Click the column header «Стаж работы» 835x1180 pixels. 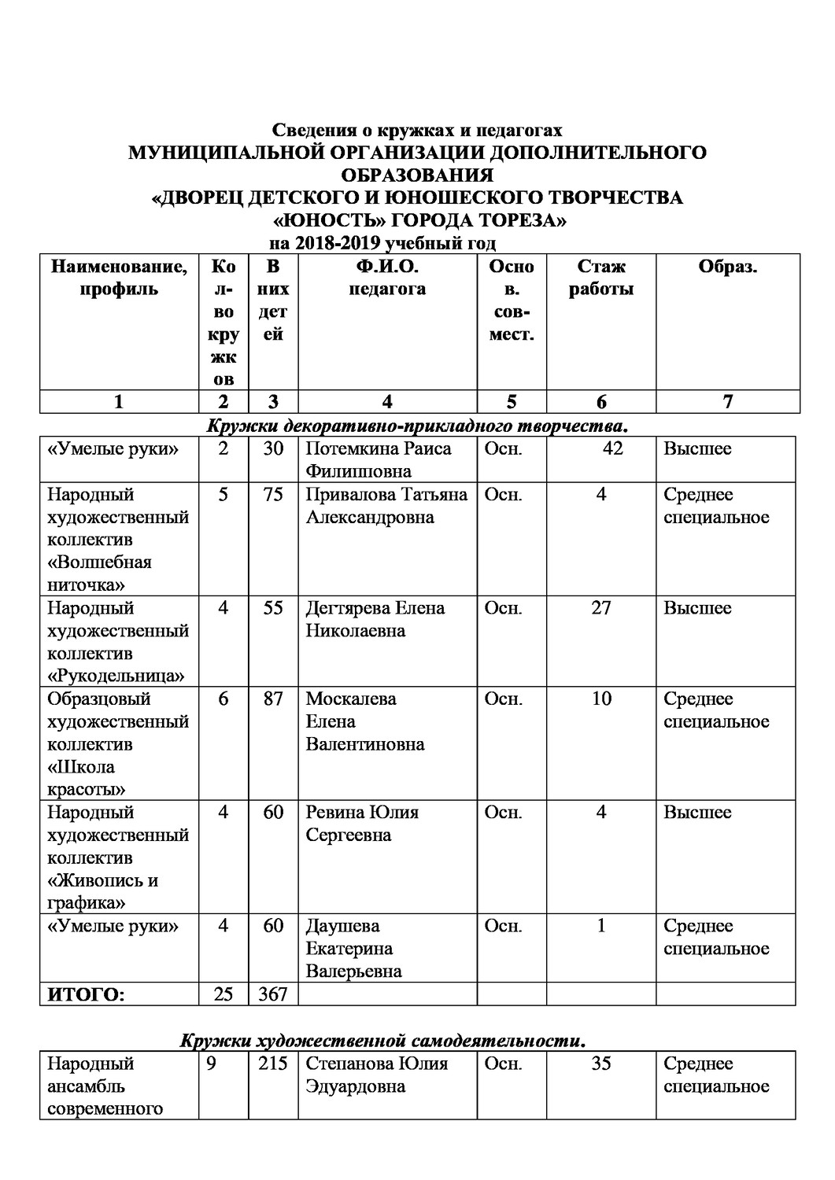pyautogui.click(x=601, y=278)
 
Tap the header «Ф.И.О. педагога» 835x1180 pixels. pyautogui.click(x=387, y=278)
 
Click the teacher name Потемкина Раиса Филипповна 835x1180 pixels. pyautogui.click(x=378, y=460)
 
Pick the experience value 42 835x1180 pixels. pyautogui.click(x=611, y=448)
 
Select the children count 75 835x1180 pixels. pyautogui.click(x=272, y=495)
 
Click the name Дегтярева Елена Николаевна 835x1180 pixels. pyautogui.click(x=375, y=619)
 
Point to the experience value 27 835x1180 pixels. pyautogui.click(x=600, y=608)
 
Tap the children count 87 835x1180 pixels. pyautogui.click(x=272, y=699)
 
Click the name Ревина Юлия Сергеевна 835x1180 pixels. pyautogui.click(x=361, y=823)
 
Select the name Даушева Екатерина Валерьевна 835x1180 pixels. pyautogui.click(x=353, y=949)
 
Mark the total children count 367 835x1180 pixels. pyautogui.click(x=272, y=994)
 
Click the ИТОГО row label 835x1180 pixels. pyautogui.click(x=86, y=995)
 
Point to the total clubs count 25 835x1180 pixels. pyautogui.click(x=223, y=994)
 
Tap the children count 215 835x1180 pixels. pyautogui.click(x=272, y=1064)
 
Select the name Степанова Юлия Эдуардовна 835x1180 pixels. pyautogui.click(x=376, y=1075)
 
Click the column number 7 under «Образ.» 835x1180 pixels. pyautogui.click(x=727, y=402)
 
